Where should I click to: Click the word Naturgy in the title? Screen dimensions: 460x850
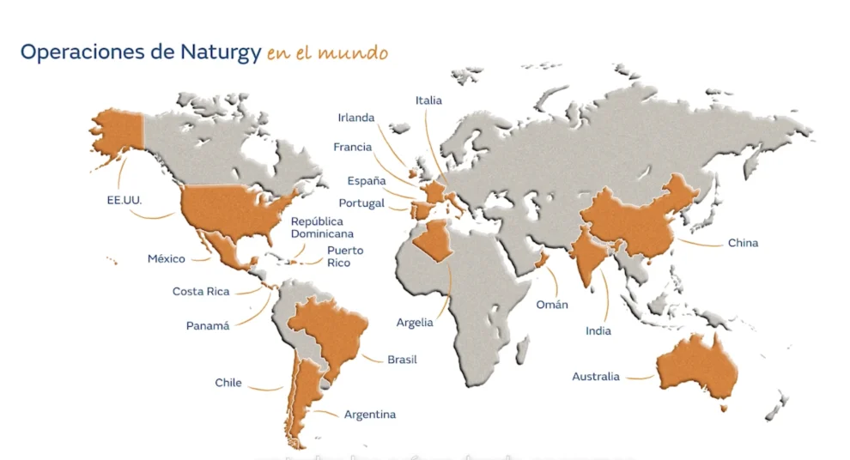tap(221, 51)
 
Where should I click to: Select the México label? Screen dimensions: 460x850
tap(167, 258)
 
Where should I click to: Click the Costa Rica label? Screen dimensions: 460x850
tap(201, 291)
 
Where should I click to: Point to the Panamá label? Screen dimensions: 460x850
tap(208, 326)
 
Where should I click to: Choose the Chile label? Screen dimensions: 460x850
tap(228, 383)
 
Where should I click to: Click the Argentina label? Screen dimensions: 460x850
tap(370, 415)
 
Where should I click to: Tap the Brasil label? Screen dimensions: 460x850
tap(402, 360)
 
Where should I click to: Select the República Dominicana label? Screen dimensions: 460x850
tap(322, 227)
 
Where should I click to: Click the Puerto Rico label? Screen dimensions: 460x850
tap(345, 257)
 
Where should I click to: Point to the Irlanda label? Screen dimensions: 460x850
tap(356, 118)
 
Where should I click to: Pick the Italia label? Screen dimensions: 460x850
tap(428, 100)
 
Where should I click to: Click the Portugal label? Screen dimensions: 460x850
tap(361, 203)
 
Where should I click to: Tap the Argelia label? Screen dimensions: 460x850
tap(415, 323)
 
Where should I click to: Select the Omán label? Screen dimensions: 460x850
tap(551, 304)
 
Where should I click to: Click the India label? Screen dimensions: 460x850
tap(598, 330)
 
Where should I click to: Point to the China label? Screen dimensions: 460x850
tap(743, 243)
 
